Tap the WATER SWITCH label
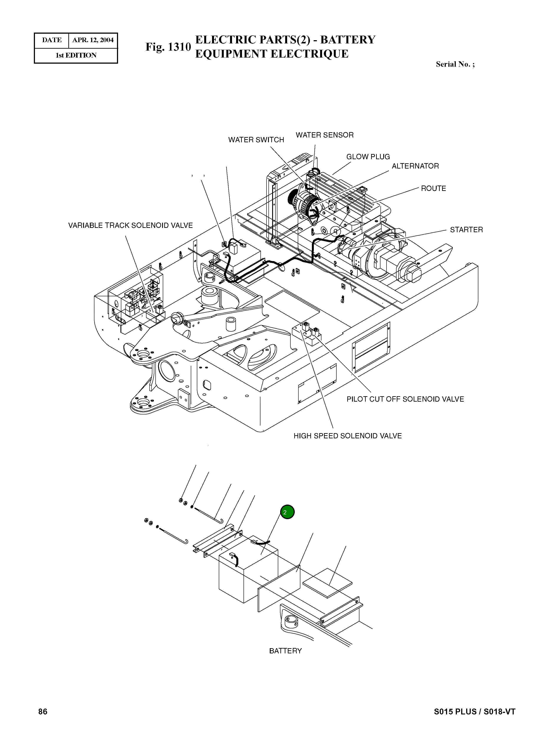click(x=256, y=140)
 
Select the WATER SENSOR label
click(x=324, y=135)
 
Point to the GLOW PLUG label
click(x=368, y=157)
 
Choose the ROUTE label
click(x=433, y=189)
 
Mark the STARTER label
click(x=466, y=230)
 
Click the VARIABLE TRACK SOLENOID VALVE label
click(x=130, y=225)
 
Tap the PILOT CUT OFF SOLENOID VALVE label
click(x=405, y=399)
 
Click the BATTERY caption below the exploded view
click(x=285, y=651)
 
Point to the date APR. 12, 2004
click(x=93, y=40)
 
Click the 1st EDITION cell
click(x=76, y=55)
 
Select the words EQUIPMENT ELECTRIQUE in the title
click(x=272, y=54)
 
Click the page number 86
click(x=43, y=711)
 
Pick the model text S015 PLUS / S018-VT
click(x=474, y=711)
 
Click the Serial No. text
click(x=455, y=65)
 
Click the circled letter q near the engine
click(x=335, y=231)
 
